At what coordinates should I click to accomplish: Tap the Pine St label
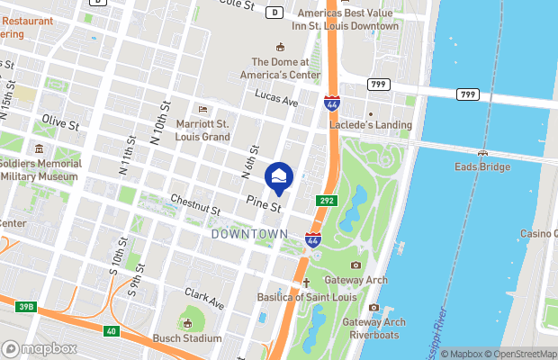(265, 205)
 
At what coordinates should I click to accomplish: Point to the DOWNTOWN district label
(248, 234)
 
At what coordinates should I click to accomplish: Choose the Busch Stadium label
(187, 338)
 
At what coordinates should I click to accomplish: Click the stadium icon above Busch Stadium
(187, 322)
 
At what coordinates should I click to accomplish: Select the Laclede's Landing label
(376, 125)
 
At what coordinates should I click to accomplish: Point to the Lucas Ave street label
(275, 102)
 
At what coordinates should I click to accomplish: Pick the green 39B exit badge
(26, 307)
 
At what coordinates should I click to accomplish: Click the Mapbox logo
(40, 348)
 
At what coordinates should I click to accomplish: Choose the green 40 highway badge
(111, 332)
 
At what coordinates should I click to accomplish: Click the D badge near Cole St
(275, 13)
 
